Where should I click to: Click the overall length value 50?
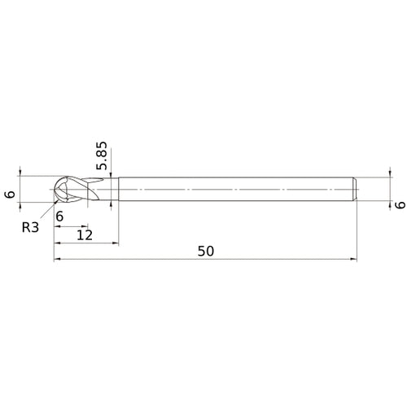[x=205, y=251]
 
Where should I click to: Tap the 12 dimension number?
[x=85, y=235]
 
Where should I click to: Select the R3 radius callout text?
[x=30, y=227]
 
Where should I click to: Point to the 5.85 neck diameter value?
[x=102, y=155]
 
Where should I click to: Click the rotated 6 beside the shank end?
[x=400, y=205]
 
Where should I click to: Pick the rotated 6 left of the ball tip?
[x=11, y=195]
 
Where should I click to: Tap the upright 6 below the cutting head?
[x=59, y=217]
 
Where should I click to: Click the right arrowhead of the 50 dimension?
[x=354, y=259]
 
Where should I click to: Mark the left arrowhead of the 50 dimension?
[x=57, y=259]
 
